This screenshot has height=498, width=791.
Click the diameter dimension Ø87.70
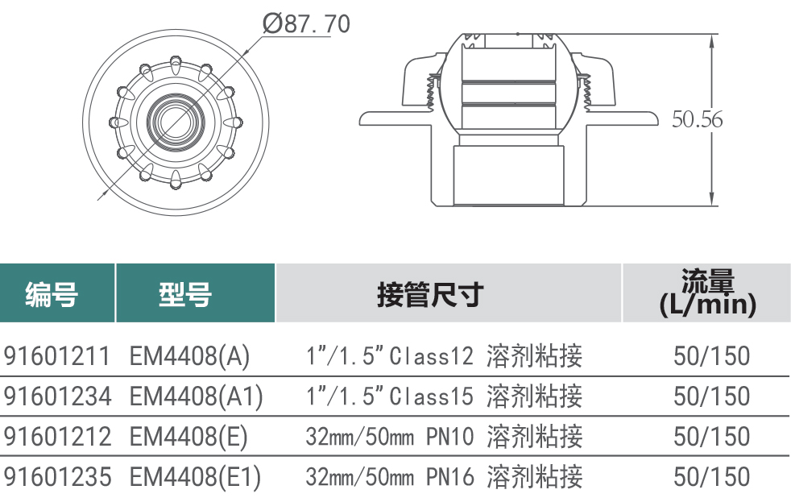[x=306, y=23]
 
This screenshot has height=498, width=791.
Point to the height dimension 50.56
[x=698, y=119]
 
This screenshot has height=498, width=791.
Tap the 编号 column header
[x=52, y=294]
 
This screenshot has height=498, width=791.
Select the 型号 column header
[x=185, y=294]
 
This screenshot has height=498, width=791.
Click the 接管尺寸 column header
[x=430, y=295]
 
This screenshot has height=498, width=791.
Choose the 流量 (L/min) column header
[x=708, y=293]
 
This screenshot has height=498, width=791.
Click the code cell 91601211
[x=56, y=355]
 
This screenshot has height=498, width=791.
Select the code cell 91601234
[x=57, y=396]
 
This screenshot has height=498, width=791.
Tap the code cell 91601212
[x=57, y=437]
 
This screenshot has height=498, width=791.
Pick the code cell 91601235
[x=57, y=477]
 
